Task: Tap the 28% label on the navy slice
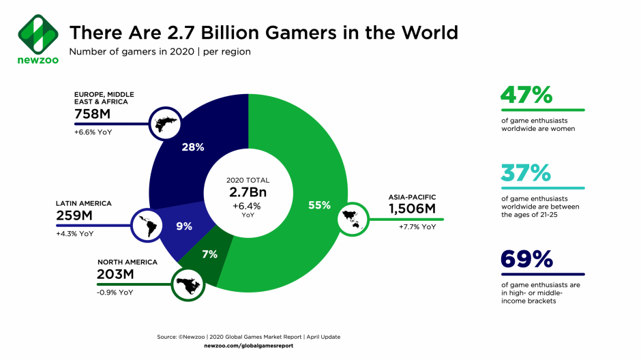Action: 193,147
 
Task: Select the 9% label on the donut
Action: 184,226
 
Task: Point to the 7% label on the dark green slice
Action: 209,254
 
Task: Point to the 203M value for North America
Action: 116,275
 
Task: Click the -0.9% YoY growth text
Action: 115,292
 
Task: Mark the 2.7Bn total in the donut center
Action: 248,192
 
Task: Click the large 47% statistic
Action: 526,96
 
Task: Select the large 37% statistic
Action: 526,175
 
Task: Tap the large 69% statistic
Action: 526,260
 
